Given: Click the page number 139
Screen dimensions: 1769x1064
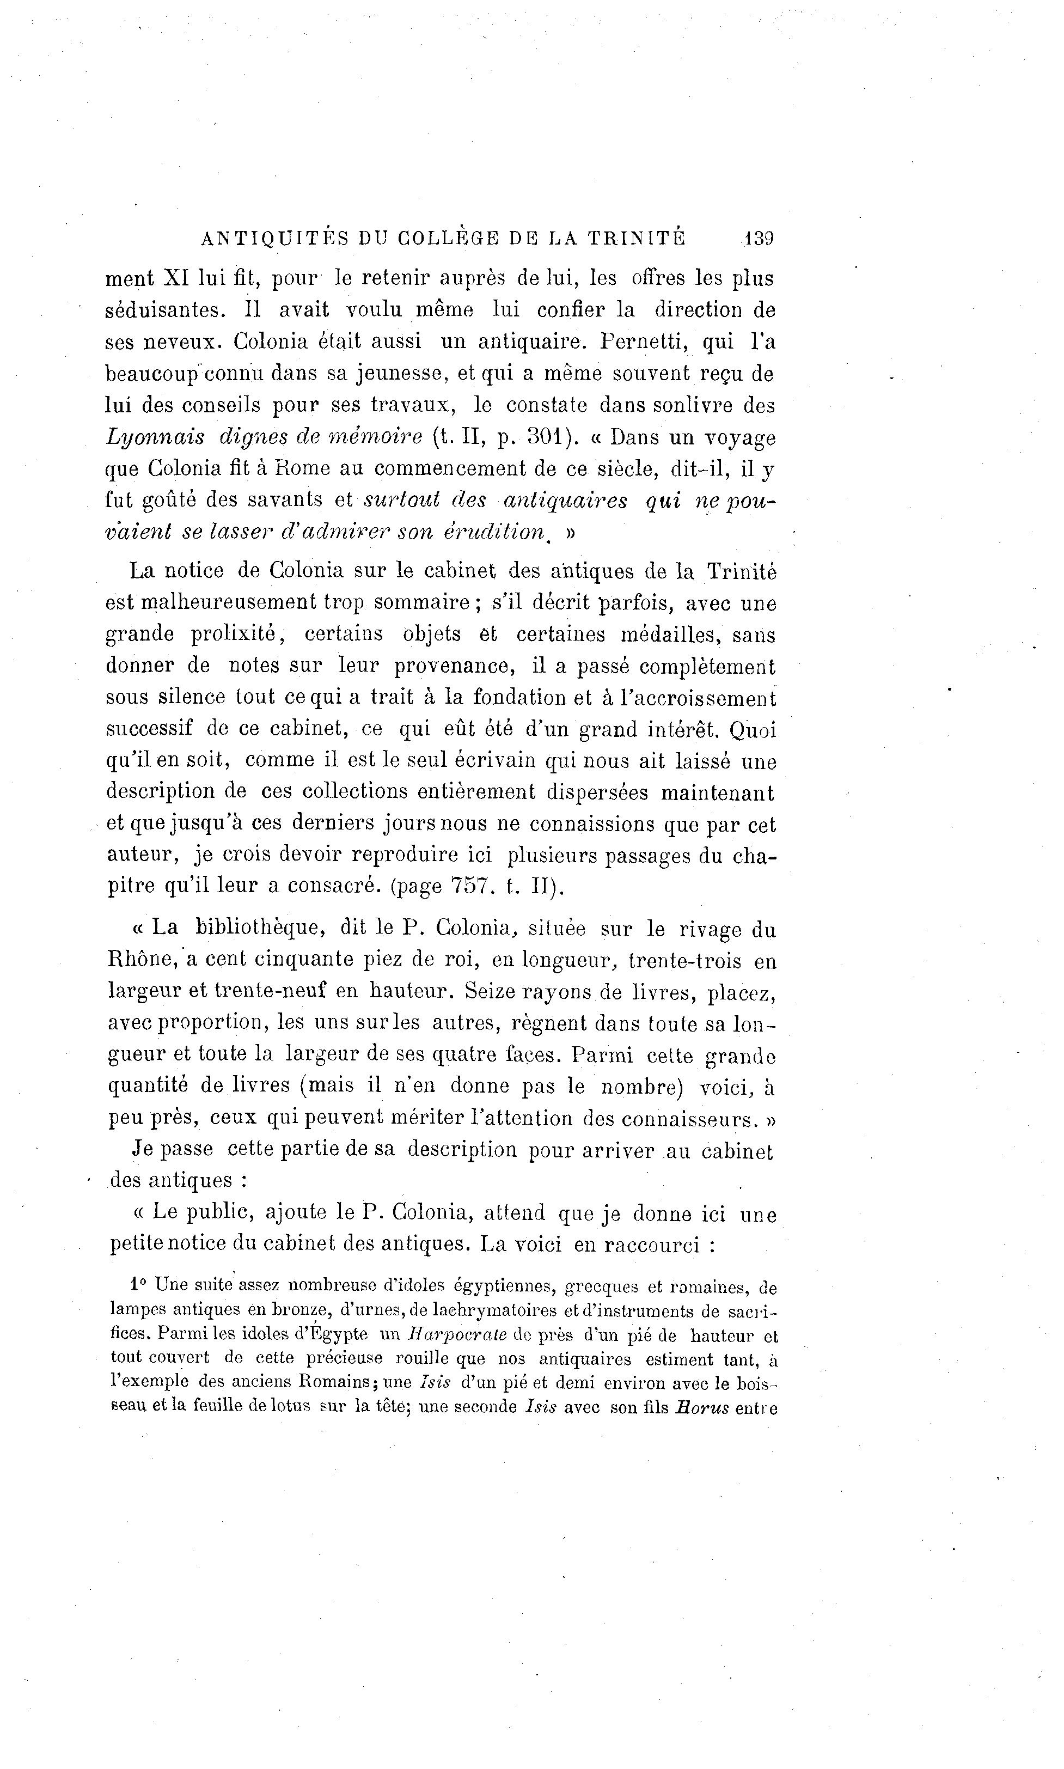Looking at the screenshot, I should (759, 238).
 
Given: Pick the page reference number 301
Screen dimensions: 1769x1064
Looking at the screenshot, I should (552, 437).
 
